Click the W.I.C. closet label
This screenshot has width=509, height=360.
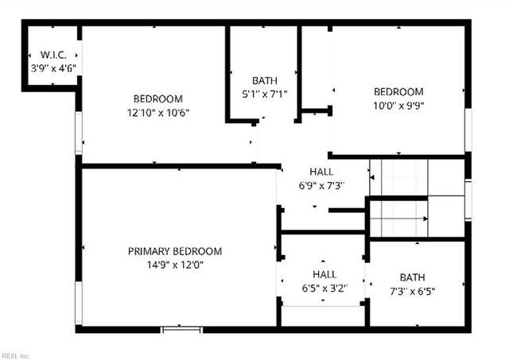52,55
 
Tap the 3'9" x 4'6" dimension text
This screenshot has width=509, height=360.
52,69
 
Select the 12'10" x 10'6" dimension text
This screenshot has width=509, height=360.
157,112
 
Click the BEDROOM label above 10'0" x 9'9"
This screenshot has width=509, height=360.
398,91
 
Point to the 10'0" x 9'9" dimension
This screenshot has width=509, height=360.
398,105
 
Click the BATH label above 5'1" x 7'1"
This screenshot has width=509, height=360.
263,80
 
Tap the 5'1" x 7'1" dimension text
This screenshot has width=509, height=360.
263,94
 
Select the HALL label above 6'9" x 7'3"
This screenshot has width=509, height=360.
321,172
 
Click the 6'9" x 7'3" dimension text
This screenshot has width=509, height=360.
321,185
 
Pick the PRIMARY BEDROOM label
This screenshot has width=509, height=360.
175,251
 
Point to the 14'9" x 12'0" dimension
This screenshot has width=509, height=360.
175,265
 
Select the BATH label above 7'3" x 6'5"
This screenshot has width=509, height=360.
412,277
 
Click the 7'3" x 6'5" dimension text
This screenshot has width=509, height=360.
412,291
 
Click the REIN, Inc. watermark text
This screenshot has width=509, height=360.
15,355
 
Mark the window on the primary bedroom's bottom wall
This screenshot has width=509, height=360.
182,329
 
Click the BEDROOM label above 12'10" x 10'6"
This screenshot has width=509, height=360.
157,99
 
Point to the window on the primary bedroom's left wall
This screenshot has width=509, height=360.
79,303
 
